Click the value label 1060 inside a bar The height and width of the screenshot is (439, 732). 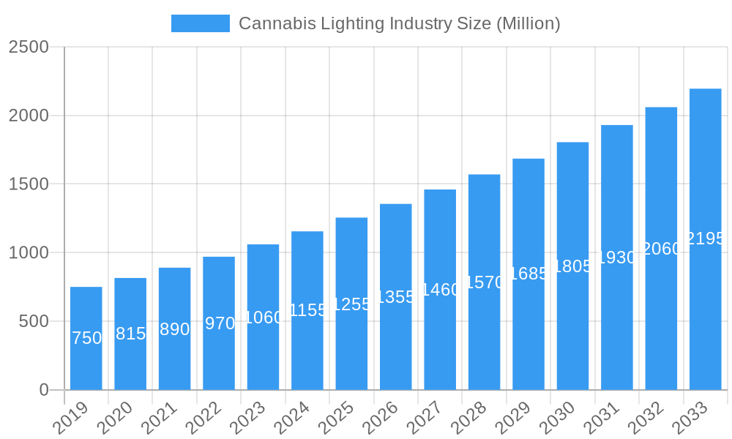(263, 318)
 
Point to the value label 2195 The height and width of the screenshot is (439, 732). (706, 239)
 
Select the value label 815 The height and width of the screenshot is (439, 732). (130, 334)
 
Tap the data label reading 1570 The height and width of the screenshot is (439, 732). (485, 282)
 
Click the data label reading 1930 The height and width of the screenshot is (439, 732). (617, 258)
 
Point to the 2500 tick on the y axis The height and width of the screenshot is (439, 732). (29, 47)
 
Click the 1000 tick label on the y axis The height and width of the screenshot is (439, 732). (29, 253)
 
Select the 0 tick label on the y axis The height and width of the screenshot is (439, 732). (44, 390)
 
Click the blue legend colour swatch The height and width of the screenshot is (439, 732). (200, 23)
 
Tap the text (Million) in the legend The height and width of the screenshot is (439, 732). (528, 23)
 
